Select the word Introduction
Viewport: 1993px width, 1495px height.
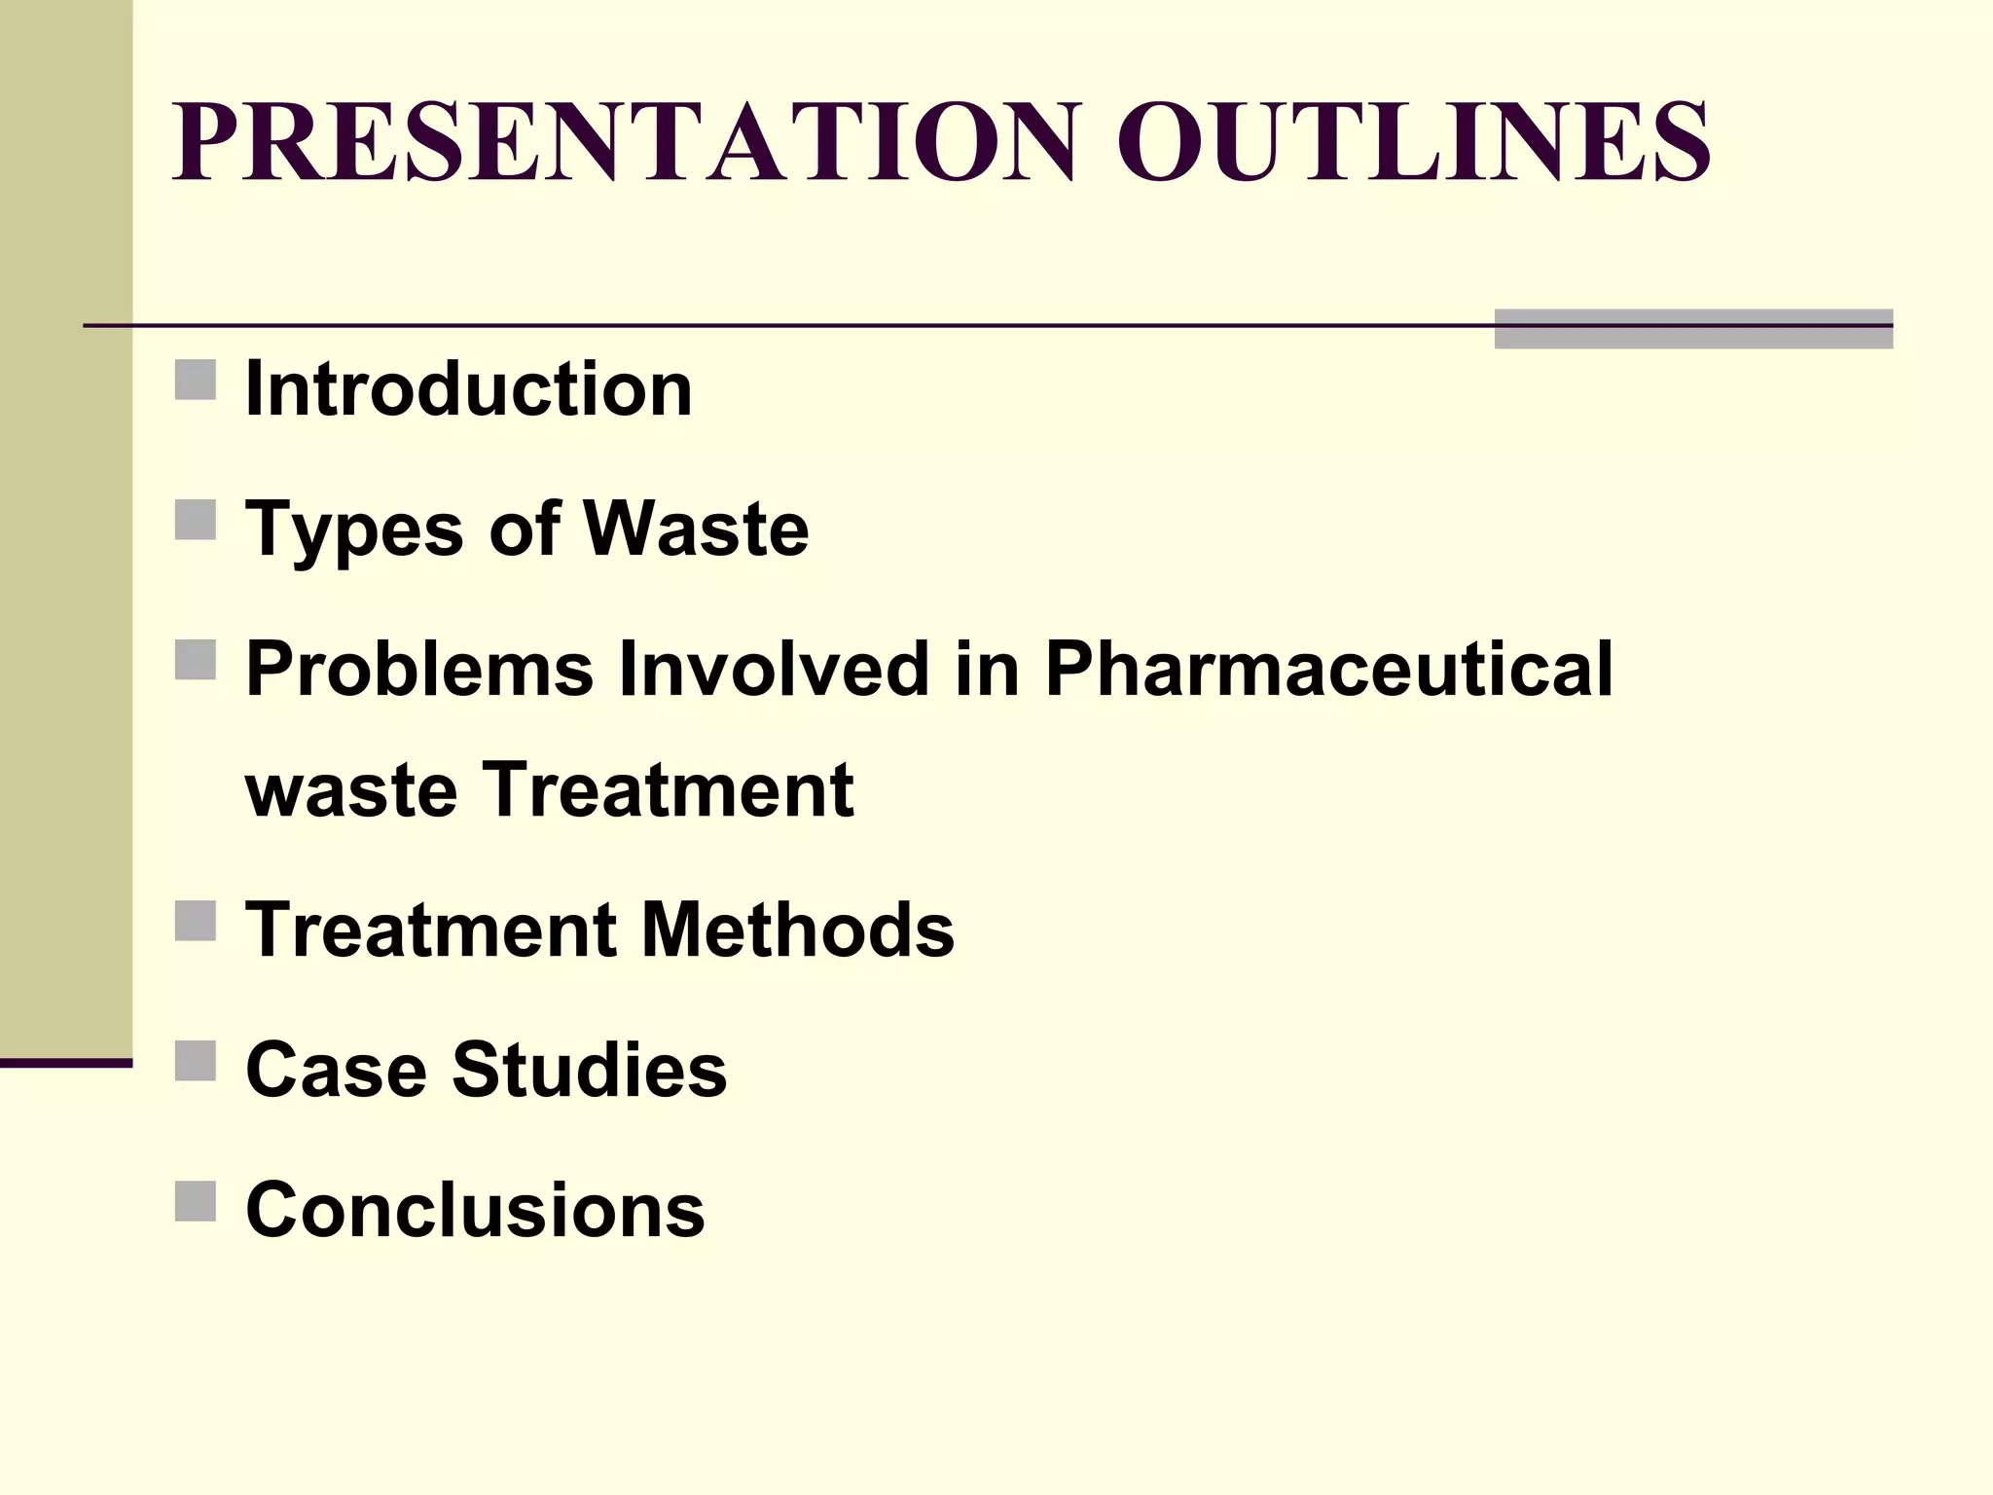pyautogui.click(x=468, y=389)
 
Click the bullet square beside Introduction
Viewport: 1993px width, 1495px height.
pyautogui.click(x=196, y=380)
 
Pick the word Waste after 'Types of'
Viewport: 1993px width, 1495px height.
pyautogui.click(x=696, y=529)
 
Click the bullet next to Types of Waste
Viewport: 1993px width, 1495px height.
pyautogui.click(x=196, y=520)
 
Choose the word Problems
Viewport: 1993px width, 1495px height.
pyautogui.click(x=419, y=670)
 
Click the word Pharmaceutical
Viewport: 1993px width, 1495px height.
pyautogui.click(x=1329, y=670)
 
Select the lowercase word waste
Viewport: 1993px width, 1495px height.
pyautogui.click(x=351, y=790)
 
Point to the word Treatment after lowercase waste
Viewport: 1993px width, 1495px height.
pyautogui.click(x=668, y=789)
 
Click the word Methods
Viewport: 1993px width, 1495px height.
pyautogui.click(x=798, y=930)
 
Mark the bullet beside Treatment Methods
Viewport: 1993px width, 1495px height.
pyautogui.click(x=196, y=921)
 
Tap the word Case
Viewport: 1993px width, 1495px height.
pyautogui.click(x=336, y=1070)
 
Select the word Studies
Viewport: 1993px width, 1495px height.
pyautogui.click(x=589, y=1070)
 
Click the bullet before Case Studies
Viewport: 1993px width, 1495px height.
pyautogui.click(x=196, y=1061)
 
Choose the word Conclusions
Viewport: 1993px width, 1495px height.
pyautogui.click(x=475, y=1210)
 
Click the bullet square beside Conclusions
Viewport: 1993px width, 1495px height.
pyautogui.click(x=196, y=1201)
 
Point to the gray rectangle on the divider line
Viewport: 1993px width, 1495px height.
pyautogui.click(x=1693, y=329)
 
